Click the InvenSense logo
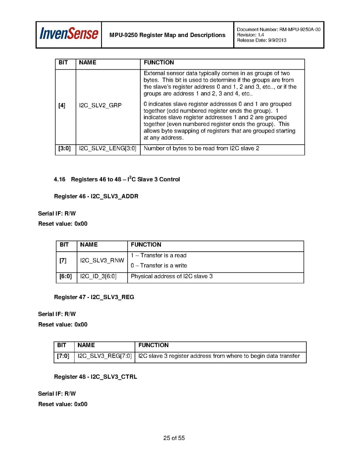point(68,35)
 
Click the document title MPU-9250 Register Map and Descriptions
point(167,35)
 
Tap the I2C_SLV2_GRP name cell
point(100,105)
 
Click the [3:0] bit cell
point(65,149)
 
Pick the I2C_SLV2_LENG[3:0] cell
point(108,149)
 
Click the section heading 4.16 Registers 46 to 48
point(117,179)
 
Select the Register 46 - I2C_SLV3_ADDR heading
point(96,196)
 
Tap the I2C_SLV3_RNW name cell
point(102,260)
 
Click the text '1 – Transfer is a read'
point(159,256)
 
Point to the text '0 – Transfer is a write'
point(159,266)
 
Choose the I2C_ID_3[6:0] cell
point(98,277)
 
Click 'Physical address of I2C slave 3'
point(171,277)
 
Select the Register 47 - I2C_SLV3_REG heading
point(94,297)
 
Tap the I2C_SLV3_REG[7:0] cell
point(105,356)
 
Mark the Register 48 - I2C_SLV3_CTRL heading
point(95,377)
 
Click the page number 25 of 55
point(174,438)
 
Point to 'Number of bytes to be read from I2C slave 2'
point(201,149)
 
